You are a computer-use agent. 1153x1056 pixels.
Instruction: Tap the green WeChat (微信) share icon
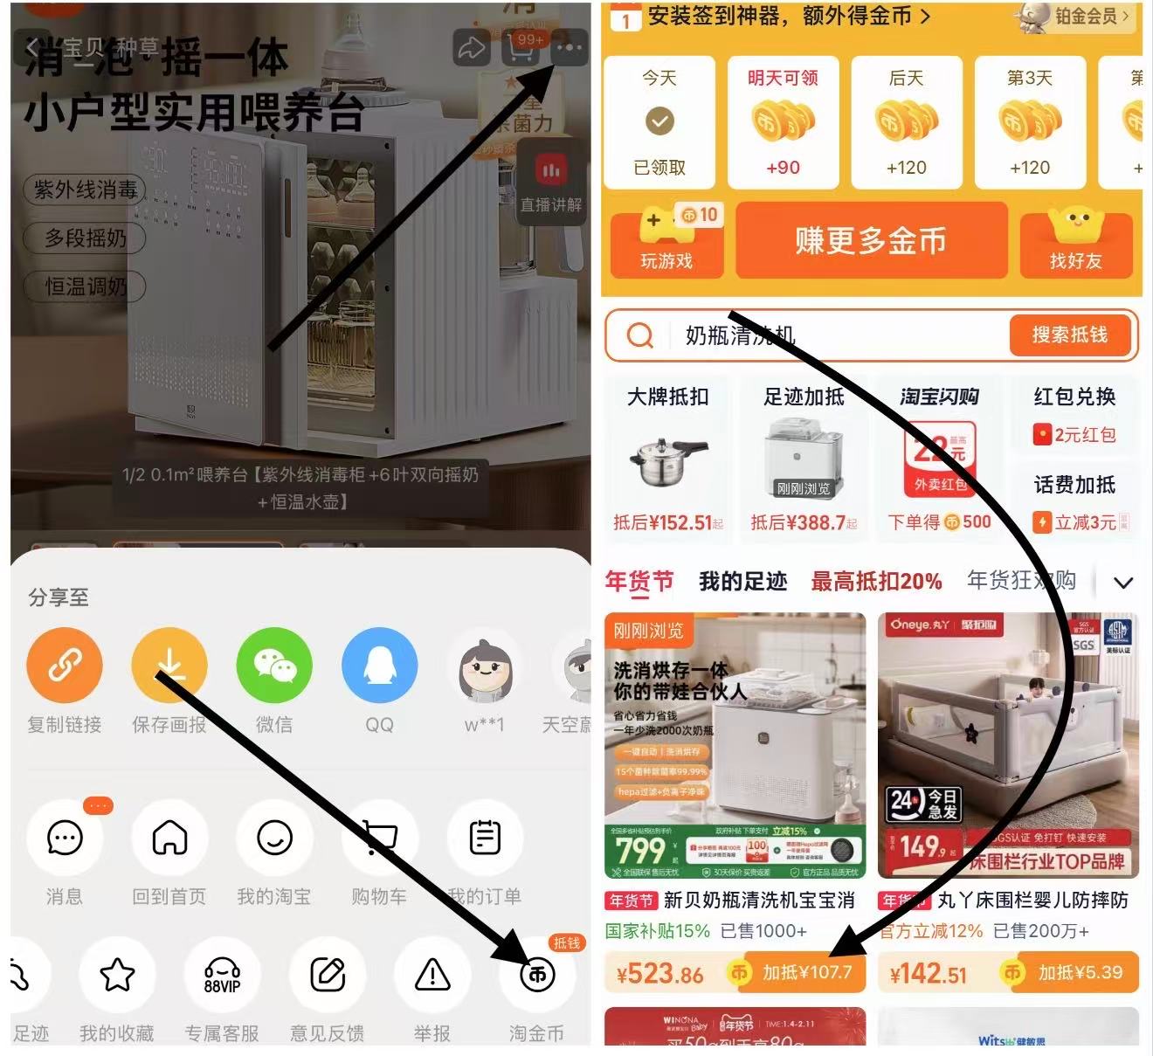pos(274,666)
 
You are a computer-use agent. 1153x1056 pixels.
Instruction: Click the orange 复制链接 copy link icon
pos(65,666)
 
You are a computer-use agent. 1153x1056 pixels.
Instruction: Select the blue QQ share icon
pos(379,666)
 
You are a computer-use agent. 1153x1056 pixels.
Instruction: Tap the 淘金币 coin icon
pos(536,974)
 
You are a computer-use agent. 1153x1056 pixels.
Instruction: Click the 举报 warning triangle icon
pos(432,974)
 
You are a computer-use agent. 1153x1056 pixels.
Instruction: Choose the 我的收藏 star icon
pos(117,974)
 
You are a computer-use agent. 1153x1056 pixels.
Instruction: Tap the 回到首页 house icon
pos(169,838)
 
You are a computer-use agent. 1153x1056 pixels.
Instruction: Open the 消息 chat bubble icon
pos(65,838)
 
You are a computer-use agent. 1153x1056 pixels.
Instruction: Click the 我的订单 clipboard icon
pos(485,838)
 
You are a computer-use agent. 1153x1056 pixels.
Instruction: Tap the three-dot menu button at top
pos(569,48)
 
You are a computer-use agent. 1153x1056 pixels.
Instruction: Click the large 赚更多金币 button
pos(871,240)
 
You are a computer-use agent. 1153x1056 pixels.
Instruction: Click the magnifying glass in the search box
pos(640,335)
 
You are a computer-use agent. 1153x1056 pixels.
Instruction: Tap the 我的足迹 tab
pos(742,581)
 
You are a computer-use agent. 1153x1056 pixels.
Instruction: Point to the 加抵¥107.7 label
pos(806,972)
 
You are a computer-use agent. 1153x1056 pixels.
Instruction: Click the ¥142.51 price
pos(928,973)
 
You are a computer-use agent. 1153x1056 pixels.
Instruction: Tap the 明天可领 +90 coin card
pos(783,122)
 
